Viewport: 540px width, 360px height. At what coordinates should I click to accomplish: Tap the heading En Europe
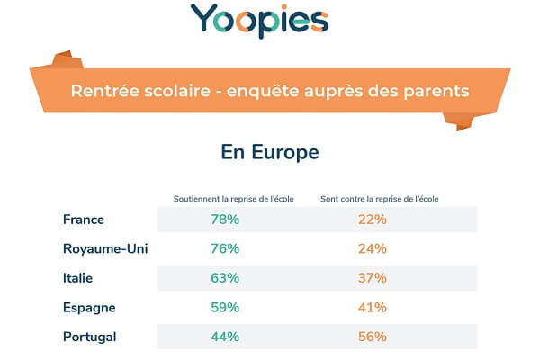270,152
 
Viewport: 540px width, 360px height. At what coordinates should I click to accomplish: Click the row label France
84,219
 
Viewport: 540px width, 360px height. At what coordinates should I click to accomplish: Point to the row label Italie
78,278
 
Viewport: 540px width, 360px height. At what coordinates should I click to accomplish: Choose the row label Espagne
89,307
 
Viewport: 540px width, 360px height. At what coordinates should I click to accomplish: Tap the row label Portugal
90,337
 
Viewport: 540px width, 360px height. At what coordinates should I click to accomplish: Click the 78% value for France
224,219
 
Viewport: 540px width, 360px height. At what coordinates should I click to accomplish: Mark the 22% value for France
372,219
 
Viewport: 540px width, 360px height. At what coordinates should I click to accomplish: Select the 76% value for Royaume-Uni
224,248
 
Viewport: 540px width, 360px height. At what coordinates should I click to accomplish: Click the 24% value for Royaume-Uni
372,248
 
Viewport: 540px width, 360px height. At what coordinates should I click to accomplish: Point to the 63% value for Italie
224,278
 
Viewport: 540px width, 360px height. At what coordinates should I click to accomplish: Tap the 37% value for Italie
372,278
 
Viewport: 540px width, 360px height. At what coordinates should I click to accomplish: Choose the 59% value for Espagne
224,307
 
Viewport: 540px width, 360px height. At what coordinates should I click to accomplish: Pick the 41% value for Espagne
372,307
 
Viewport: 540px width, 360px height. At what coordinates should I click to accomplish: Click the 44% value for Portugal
224,337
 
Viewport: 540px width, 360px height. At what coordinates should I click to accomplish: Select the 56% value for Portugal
372,337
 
